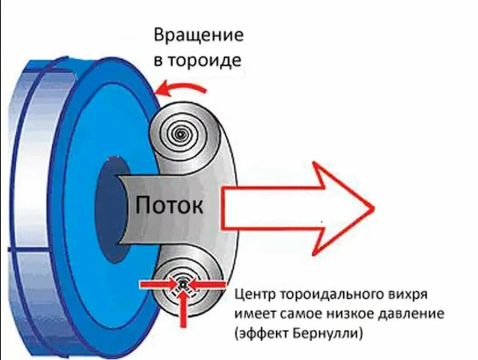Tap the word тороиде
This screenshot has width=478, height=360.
click(x=203, y=61)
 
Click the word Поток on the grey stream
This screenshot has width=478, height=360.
click(x=169, y=206)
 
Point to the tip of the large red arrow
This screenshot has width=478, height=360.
click(x=373, y=208)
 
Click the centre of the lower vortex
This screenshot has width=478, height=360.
click(x=182, y=283)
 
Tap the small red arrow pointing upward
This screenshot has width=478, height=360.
click(x=183, y=309)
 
